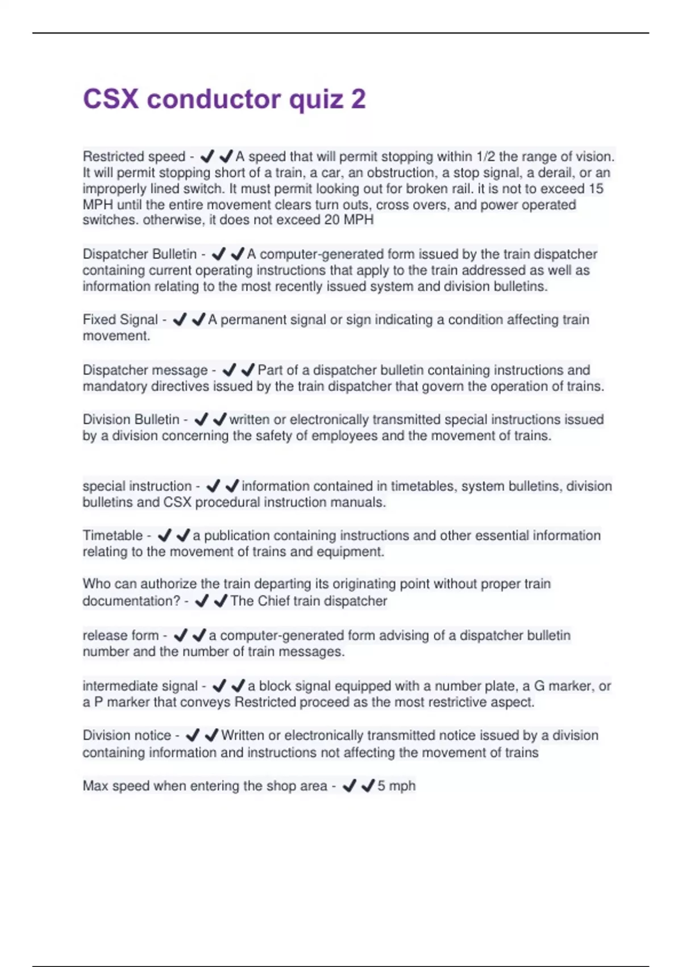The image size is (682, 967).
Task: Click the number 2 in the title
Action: click(358, 100)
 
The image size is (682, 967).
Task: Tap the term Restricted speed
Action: click(134, 156)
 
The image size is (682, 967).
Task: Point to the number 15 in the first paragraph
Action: click(596, 189)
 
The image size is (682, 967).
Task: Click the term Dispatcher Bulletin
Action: click(140, 254)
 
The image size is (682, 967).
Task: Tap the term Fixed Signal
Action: click(120, 320)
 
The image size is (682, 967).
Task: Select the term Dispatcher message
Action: click(145, 370)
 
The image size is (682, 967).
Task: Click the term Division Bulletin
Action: click(131, 420)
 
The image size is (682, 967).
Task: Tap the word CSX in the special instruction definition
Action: click(177, 503)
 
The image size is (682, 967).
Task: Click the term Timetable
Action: click(113, 536)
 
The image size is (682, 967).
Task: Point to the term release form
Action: click(120, 635)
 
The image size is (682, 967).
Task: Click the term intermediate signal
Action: click(140, 686)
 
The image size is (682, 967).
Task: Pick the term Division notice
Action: click(127, 735)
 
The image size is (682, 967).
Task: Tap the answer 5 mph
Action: click(397, 786)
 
